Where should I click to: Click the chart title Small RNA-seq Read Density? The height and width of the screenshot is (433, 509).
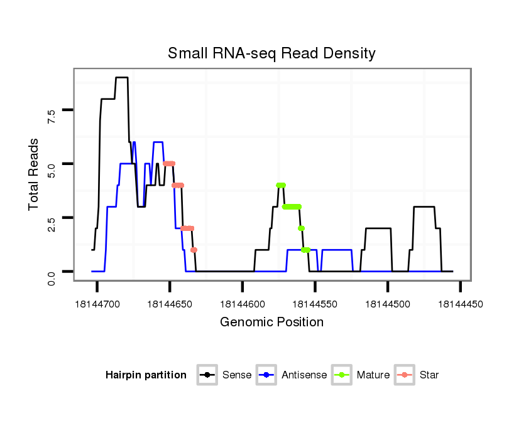271,53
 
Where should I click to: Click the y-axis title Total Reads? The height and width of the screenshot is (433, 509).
35,174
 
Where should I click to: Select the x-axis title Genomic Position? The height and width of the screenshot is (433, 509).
271,323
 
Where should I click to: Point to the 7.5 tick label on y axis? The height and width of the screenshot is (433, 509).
52,114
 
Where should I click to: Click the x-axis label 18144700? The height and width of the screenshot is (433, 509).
97,304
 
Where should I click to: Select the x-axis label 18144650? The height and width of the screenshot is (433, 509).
170,304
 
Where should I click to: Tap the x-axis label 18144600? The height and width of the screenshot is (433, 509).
243,304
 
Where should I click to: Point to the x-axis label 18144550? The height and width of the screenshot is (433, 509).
315,304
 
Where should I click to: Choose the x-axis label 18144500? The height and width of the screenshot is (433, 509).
388,304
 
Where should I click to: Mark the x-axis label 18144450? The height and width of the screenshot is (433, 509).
461,304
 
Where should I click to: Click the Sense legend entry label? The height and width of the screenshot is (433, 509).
237,375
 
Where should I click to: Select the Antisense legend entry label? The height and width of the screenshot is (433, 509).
304,375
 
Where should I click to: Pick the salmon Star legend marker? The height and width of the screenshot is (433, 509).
405,375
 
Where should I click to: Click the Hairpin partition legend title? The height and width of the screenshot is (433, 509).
146,375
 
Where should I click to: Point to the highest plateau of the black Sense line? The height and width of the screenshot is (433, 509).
122,78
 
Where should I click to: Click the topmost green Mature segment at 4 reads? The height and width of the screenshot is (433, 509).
281,185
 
